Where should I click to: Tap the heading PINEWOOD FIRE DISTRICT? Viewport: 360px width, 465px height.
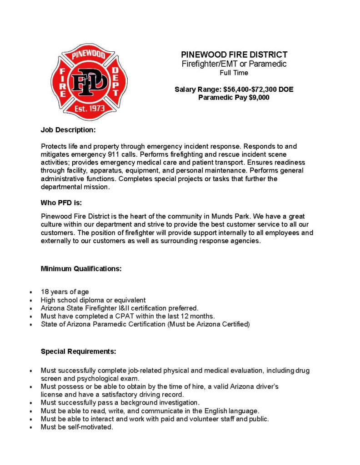(x=234, y=55)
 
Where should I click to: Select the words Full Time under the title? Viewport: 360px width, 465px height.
(x=234, y=73)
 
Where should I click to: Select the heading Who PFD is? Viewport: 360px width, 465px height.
(x=61, y=203)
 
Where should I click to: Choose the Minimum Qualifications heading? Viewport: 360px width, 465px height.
(x=81, y=268)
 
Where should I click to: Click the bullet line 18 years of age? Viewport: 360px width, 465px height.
(x=65, y=292)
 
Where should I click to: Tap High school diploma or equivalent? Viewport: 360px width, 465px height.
(x=93, y=300)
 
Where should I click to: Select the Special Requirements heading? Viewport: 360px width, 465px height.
(x=78, y=351)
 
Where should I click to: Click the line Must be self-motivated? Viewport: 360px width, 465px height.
(x=77, y=427)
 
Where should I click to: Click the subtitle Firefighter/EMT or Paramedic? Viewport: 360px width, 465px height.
(x=234, y=64)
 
